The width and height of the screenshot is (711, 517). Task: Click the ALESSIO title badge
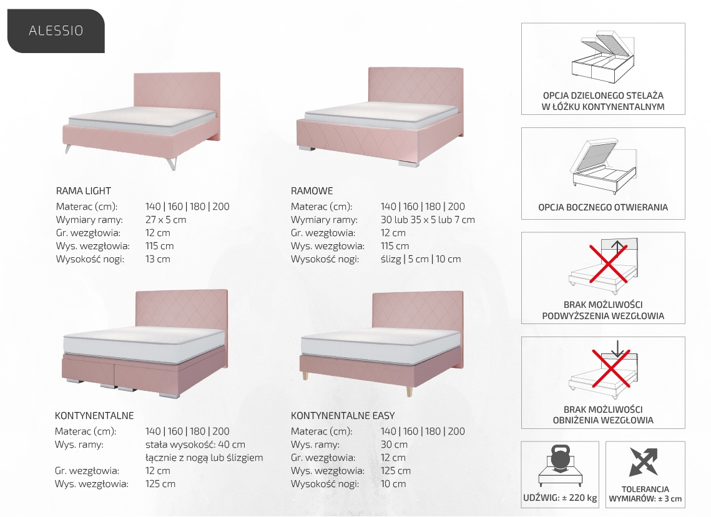[56, 31]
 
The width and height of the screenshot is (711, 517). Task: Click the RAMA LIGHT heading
[84, 191]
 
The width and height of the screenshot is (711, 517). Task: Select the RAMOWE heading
[312, 191]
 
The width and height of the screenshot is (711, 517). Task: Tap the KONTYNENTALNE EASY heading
[343, 415]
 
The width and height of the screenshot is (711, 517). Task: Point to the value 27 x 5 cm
[165, 220]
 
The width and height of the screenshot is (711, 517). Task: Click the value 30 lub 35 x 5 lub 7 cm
[428, 220]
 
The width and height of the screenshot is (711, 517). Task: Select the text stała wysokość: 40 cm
[195, 445]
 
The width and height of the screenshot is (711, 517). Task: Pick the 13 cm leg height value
[157, 259]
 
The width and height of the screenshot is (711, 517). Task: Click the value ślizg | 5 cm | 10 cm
[421, 259]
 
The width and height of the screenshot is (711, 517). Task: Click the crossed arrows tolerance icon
[644, 461]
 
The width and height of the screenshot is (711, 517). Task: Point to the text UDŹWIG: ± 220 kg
[560, 498]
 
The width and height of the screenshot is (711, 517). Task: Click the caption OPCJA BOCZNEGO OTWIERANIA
[603, 207]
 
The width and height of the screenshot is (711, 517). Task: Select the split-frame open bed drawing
[602, 57]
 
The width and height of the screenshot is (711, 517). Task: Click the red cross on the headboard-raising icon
[609, 263]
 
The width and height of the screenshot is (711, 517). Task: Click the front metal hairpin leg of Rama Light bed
[171, 163]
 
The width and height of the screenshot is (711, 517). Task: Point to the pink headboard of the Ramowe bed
[415, 91]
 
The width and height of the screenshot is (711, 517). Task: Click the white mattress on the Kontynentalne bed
[144, 345]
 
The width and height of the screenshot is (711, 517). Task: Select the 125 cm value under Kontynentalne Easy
[395, 471]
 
